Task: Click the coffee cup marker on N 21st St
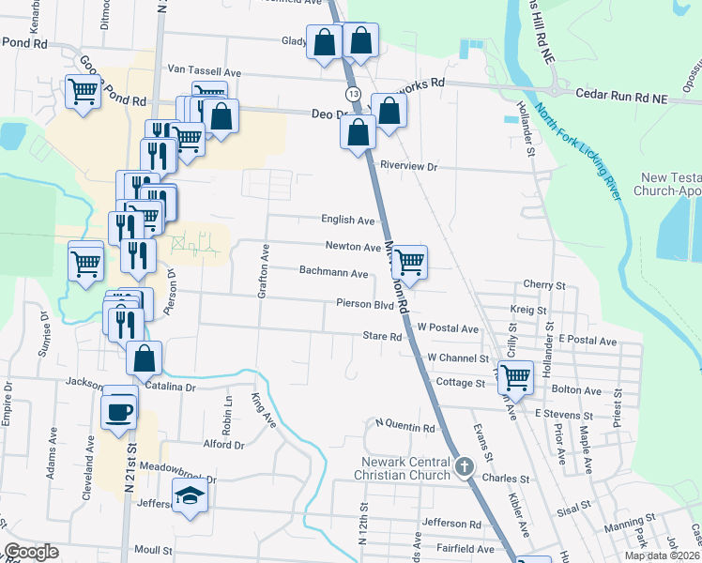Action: pos(119,413)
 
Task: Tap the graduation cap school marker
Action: pos(189,495)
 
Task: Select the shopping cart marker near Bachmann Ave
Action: pos(409,262)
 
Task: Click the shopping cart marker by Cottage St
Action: pos(515,377)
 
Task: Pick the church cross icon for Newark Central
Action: pos(464,466)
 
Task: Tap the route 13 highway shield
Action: pos(352,95)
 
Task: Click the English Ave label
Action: pos(348,221)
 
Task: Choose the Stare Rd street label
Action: pos(382,335)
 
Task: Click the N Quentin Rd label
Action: pos(405,428)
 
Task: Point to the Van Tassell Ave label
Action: pos(204,71)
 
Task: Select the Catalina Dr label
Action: pos(170,387)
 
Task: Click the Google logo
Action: pos(31,552)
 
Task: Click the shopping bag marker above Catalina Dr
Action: pos(144,358)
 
